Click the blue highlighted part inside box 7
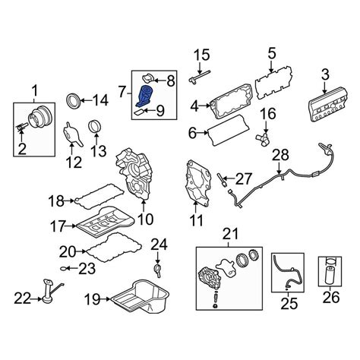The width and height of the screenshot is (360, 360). tap(146, 96)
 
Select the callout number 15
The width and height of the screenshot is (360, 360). tap(202, 55)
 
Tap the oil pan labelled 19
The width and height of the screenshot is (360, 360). tap(140, 297)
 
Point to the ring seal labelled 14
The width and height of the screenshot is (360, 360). tap(74, 101)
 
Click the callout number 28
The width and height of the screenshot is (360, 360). tap(280, 155)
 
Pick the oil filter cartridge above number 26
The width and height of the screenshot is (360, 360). tap(330, 276)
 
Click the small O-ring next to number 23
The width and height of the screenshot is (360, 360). tap(64, 268)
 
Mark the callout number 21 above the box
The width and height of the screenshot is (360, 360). tap(230, 234)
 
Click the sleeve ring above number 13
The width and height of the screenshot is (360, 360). tap(95, 126)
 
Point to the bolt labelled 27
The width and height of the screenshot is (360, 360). tap(221, 179)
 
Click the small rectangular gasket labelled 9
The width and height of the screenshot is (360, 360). tap(139, 112)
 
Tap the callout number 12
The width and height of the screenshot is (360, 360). tap(74, 163)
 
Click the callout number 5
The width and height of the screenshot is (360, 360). tap(271, 54)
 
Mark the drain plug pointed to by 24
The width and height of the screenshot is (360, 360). tap(157, 270)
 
